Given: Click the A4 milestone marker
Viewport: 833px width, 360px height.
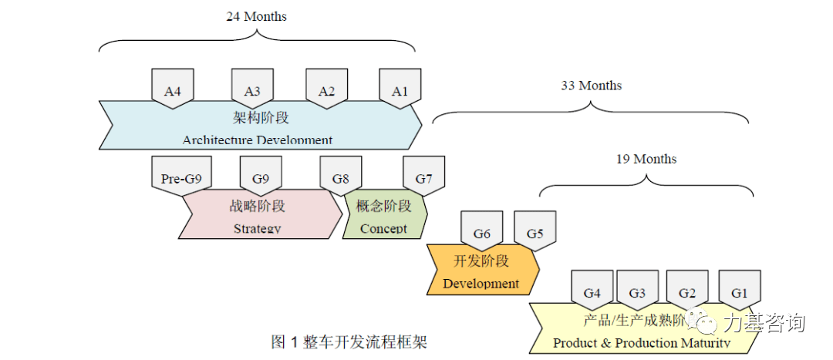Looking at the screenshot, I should coord(173,89).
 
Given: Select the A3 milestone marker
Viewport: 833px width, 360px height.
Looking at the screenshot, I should coord(252,89).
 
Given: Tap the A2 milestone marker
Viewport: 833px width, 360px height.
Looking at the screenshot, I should coord(327,89).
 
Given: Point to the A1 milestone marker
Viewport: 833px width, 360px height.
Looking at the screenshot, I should coord(400,89).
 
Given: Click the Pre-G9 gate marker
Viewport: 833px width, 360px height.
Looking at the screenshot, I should coord(181,177).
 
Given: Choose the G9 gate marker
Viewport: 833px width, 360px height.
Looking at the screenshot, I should coord(261,177).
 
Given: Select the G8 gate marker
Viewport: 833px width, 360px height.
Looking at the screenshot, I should coord(341,177).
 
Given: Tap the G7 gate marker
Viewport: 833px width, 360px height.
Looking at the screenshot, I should coord(424,177).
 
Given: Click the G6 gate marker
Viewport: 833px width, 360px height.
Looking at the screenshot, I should coord(482,233).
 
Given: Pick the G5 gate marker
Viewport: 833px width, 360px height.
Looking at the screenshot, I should coord(535,233).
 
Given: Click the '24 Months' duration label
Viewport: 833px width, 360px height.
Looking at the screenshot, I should coord(256,16).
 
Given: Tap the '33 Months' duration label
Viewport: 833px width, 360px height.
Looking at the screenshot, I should coord(591,85).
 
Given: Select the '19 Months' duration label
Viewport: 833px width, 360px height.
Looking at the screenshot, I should coord(646,159).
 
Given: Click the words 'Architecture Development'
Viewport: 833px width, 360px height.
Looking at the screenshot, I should coord(258,140).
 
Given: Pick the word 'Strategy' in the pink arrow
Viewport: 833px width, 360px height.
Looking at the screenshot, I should coord(258,228).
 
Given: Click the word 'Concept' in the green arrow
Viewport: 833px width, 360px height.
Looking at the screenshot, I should coord(383,228).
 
